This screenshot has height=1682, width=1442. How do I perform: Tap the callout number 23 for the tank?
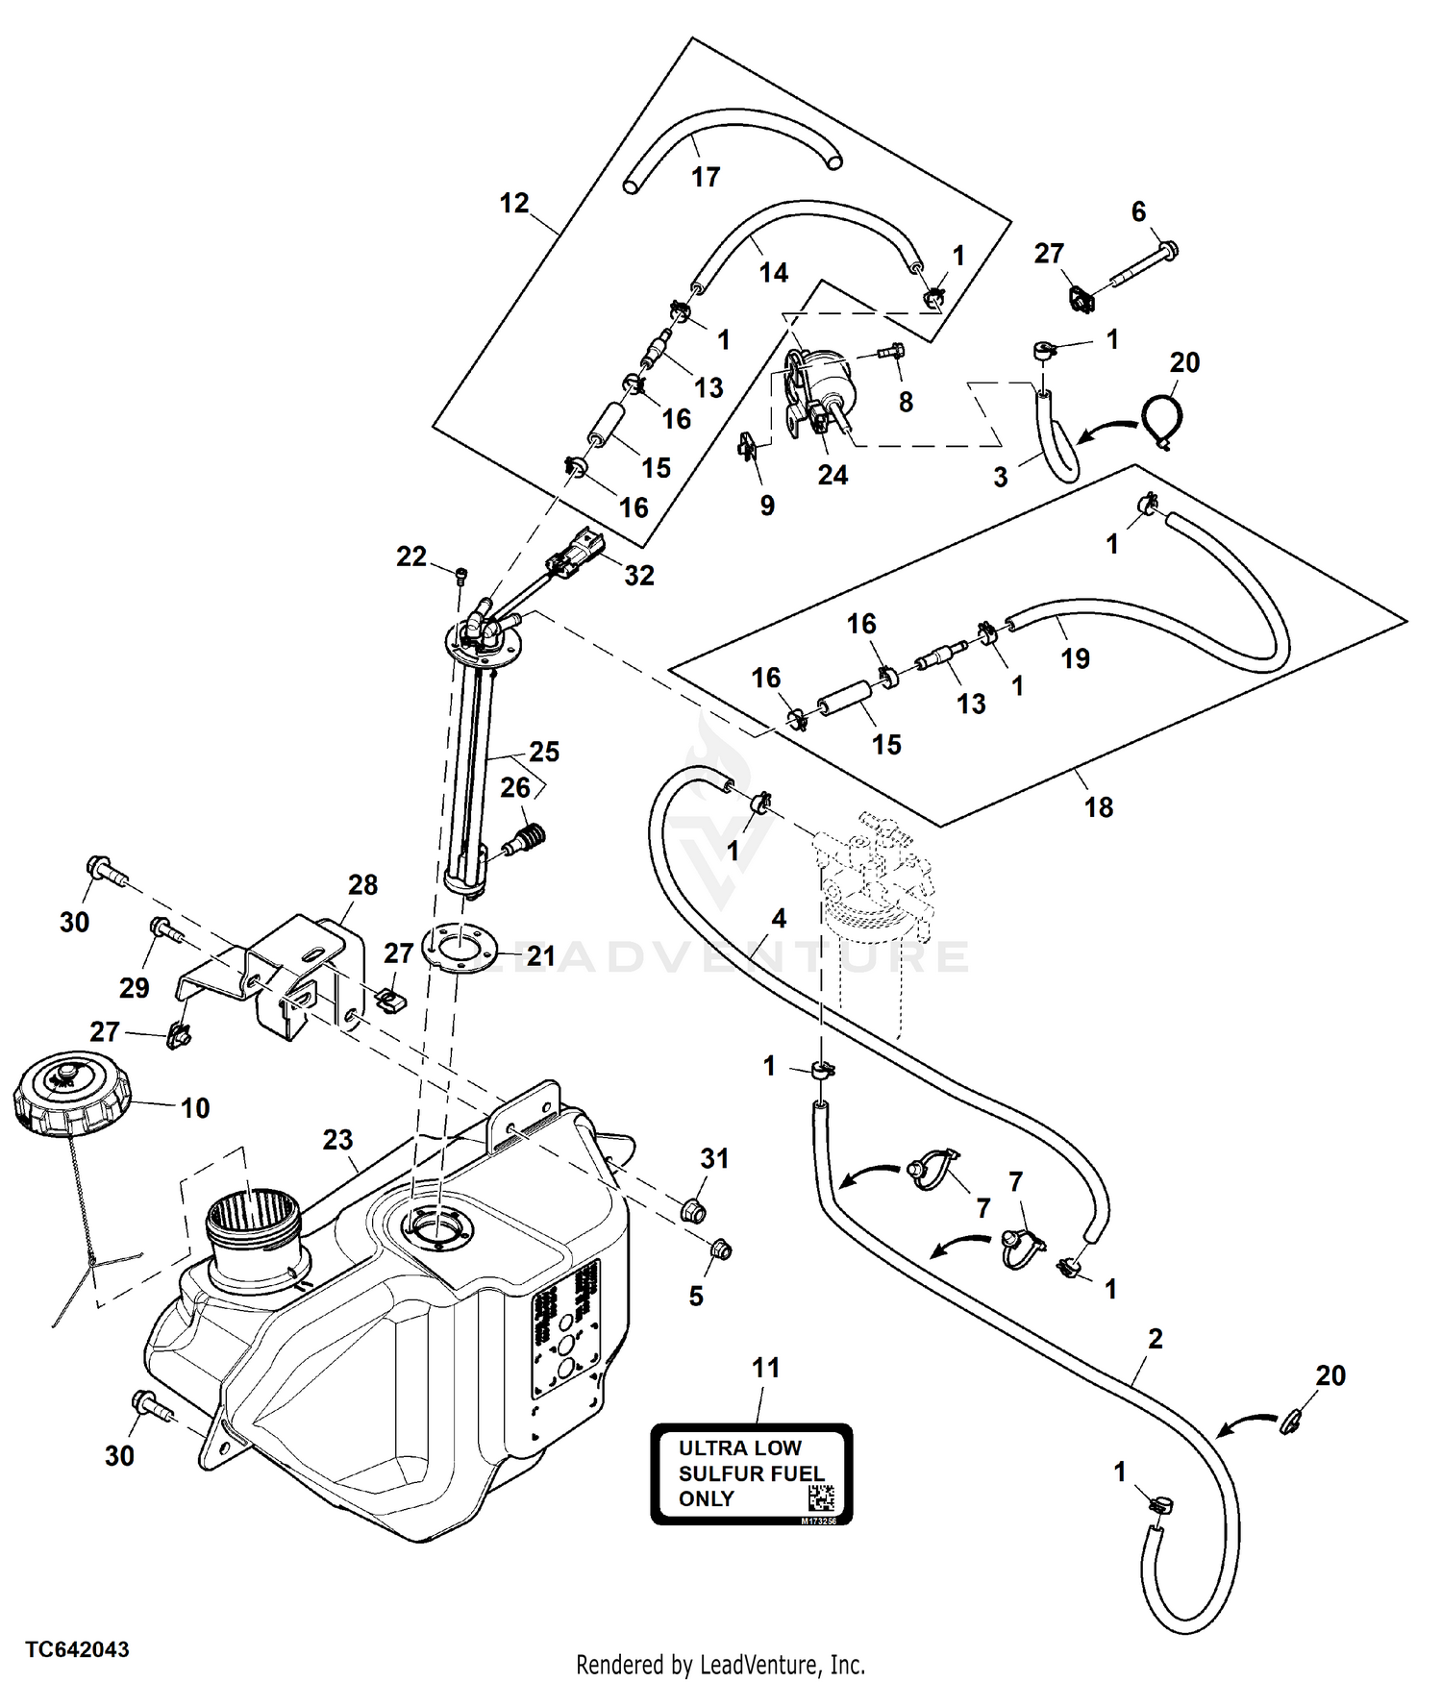click(x=337, y=1140)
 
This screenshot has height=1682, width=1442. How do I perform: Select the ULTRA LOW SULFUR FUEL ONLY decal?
click(x=752, y=1473)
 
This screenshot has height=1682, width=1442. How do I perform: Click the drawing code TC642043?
click(x=77, y=1649)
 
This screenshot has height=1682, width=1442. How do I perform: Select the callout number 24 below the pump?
click(x=833, y=475)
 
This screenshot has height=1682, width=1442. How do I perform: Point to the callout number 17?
click(x=706, y=177)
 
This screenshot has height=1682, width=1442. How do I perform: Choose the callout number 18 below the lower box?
click(x=1099, y=806)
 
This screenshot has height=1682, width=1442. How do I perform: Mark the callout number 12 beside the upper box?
click(x=514, y=203)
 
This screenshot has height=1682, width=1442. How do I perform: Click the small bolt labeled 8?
click(x=891, y=354)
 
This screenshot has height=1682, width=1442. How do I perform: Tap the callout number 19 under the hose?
click(x=1075, y=658)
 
